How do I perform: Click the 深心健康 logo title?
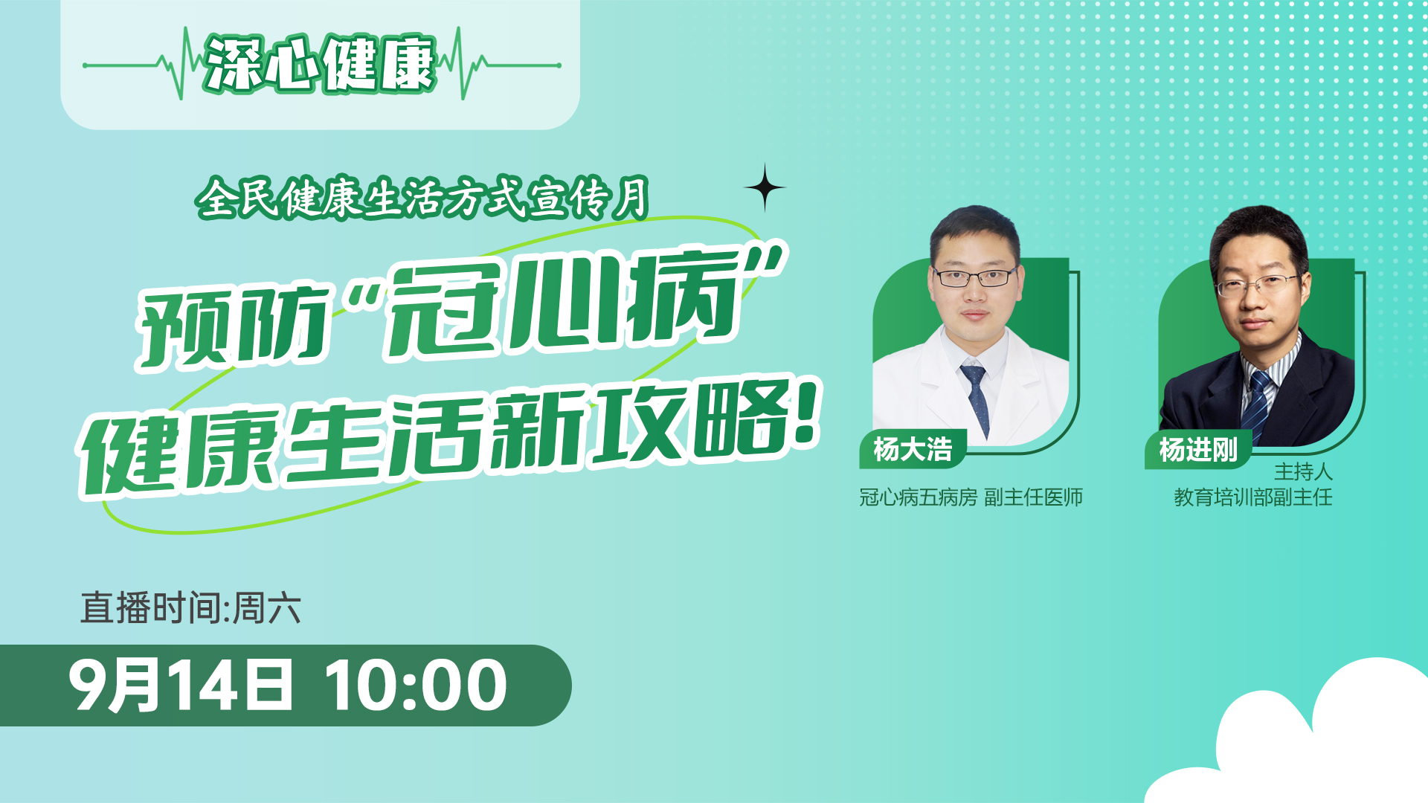tap(320, 64)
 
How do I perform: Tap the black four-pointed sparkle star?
tap(765, 187)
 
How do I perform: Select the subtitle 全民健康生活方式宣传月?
tap(422, 198)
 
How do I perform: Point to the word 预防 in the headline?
tap(233, 326)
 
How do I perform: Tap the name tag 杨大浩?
tap(913, 449)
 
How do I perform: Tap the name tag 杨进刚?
tap(1198, 449)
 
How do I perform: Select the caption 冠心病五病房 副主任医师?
tap(971, 497)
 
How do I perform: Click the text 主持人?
tap(1303, 472)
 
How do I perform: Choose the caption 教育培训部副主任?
tap(1253, 497)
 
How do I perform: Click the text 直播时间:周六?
tap(190, 608)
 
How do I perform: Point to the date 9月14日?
tap(181, 686)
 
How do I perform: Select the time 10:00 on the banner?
tap(416, 686)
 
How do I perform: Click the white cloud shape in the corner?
tap(1294, 736)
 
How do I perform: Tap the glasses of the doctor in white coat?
tap(975, 277)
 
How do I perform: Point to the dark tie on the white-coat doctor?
tap(977, 398)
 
